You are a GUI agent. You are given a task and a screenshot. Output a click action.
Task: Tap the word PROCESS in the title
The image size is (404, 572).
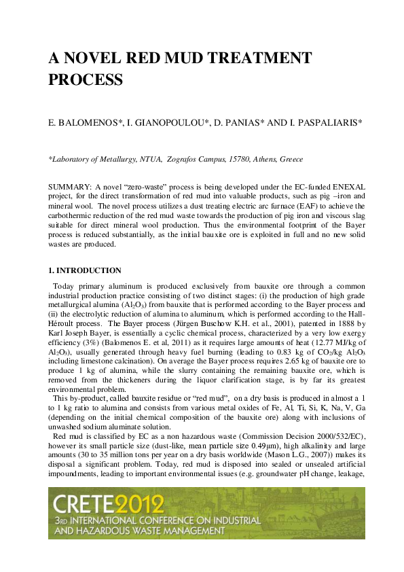85,80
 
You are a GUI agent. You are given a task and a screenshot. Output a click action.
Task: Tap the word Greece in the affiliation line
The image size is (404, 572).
289,159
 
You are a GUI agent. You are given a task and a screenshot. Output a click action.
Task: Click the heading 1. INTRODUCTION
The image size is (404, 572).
85,270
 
